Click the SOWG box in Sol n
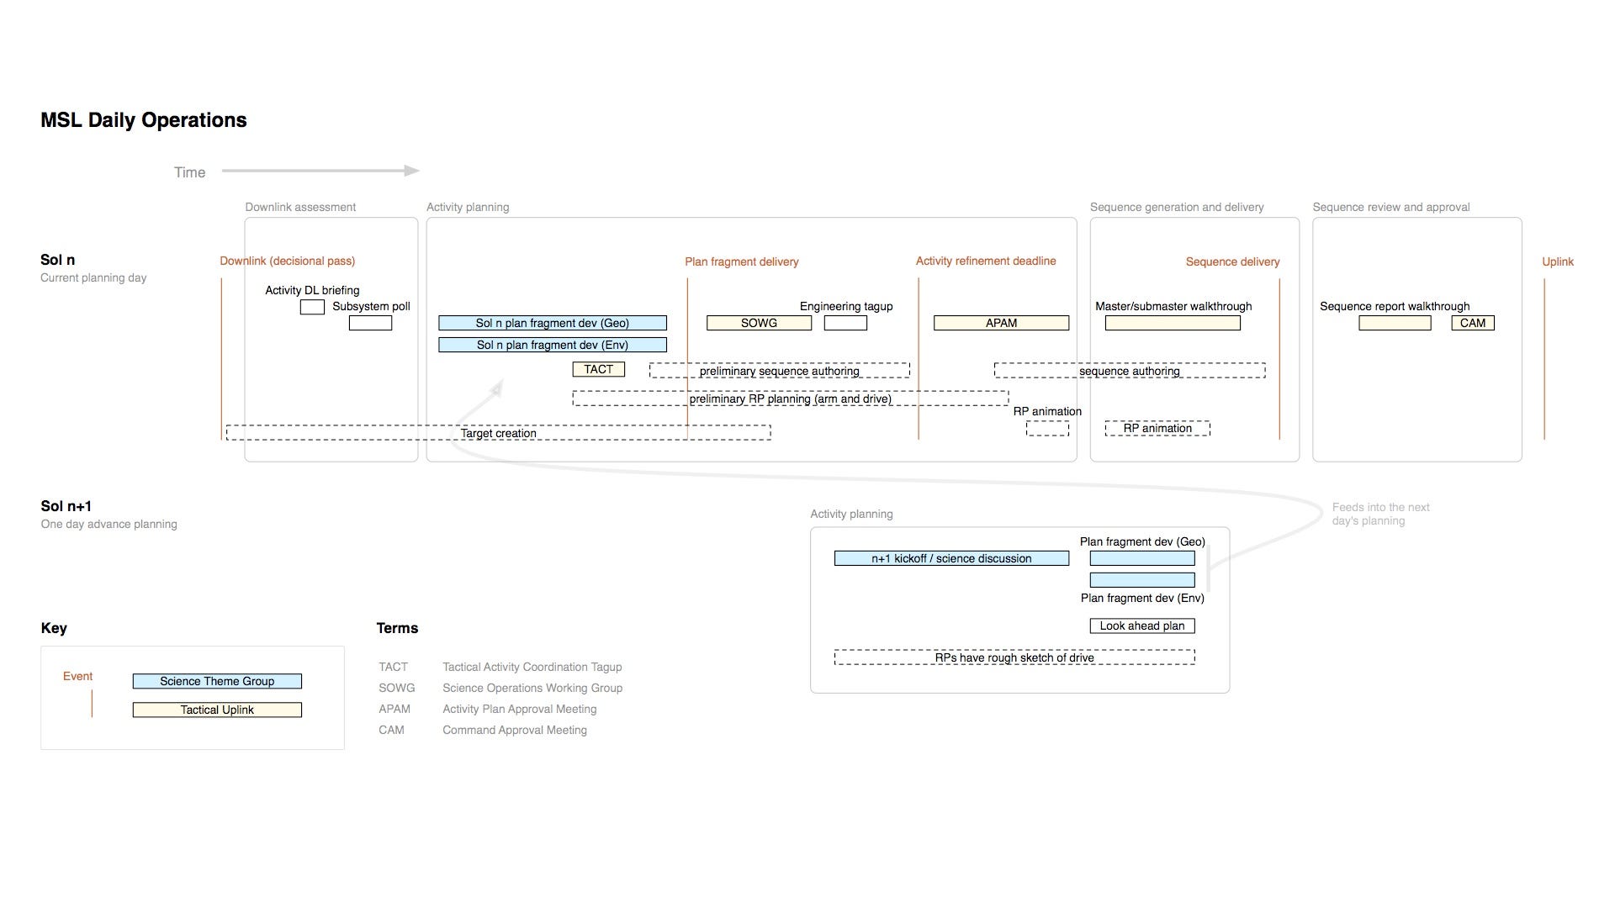[759, 323]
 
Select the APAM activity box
[1001, 323]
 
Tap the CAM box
[1473, 323]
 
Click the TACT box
[598, 369]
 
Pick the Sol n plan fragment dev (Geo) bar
[553, 323]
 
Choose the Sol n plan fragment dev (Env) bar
[553, 345]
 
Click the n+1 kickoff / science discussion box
[951, 558]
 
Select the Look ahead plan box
[1142, 626]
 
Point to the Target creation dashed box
[498, 433]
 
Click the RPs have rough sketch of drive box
[1014, 657]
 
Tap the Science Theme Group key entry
[217, 681]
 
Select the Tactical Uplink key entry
[217, 710]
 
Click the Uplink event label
[1558, 261]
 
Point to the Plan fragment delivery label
[742, 261]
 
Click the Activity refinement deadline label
[986, 261]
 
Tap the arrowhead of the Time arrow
[412, 171]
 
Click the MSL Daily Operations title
[144, 120]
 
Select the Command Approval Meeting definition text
[515, 730]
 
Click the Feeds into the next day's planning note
[1381, 514]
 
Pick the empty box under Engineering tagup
[845, 323]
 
